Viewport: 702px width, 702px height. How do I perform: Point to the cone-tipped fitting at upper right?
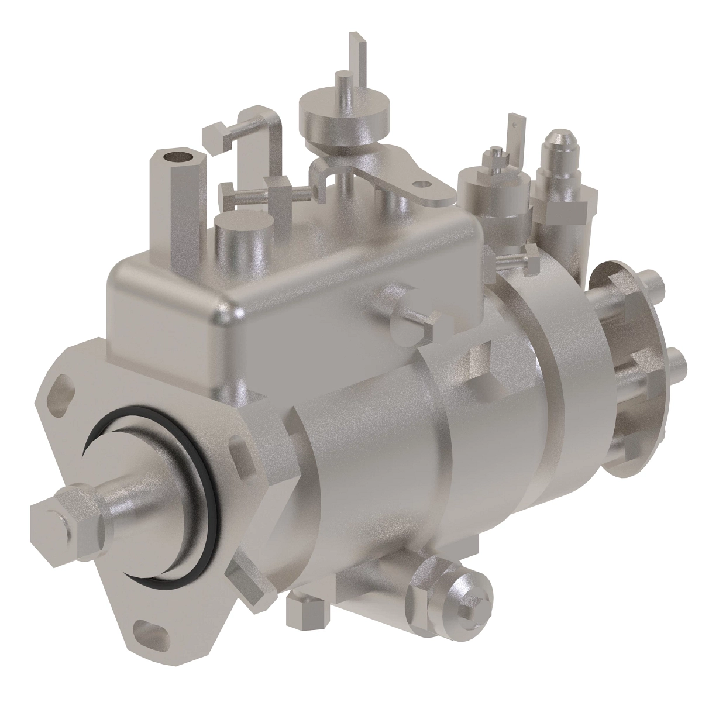click(x=559, y=149)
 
